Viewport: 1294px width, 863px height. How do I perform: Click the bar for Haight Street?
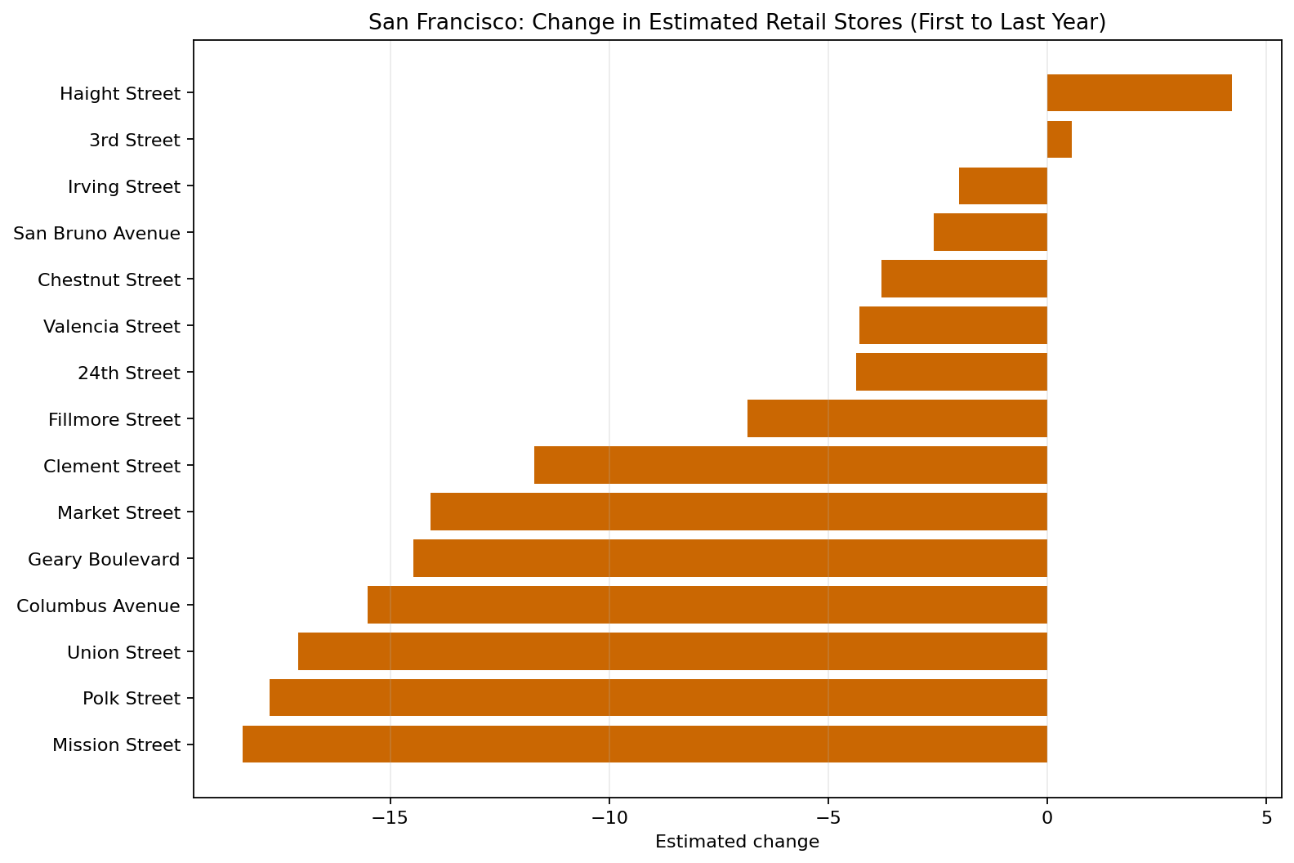click(x=1139, y=93)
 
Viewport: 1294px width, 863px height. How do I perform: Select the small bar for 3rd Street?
click(x=1059, y=140)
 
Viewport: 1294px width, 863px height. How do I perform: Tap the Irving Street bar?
click(x=1002, y=186)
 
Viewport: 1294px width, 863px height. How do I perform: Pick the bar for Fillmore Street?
click(x=897, y=418)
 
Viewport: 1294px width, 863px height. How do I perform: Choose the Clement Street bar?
click(x=790, y=465)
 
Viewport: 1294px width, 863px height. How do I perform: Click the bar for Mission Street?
click(x=645, y=745)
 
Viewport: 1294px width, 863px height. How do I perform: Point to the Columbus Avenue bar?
click(x=707, y=605)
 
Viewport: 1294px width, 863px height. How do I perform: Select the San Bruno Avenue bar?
click(x=990, y=233)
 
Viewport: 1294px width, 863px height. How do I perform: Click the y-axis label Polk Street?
click(x=131, y=699)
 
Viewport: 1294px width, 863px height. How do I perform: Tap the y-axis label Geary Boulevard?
click(x=104, y=560)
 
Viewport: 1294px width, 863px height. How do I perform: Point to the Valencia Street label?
click(x=111, y=327)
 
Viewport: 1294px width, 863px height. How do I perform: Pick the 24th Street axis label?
click(x=128, y=373)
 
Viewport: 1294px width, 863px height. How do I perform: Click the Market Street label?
click(x=118, y=513)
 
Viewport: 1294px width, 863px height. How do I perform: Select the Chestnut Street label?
click(x=109, y=280)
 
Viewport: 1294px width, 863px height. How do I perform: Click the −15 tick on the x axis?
click(x=390, y=817)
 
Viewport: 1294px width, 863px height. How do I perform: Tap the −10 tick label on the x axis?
click(x=609, y=817)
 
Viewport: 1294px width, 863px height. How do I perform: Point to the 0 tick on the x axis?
click(x=1047, y=817)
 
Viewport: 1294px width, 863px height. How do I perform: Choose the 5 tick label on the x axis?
click(x=1266, y=817)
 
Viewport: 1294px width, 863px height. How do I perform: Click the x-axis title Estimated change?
click(x=737, y=842)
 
